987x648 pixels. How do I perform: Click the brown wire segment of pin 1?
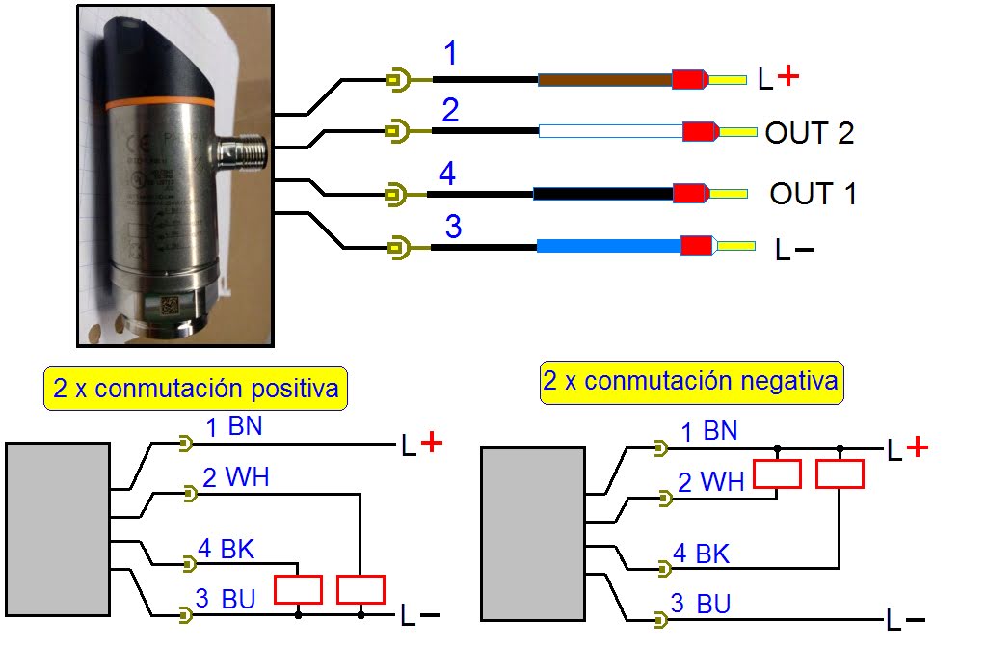pyautogui.click(x=603, y=80)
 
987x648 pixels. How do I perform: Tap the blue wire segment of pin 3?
pyautogui.click(x=608, y=247)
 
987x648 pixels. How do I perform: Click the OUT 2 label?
pyautogui.click(x=809, y=133)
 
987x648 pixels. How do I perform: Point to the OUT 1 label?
pyautogui.click(x=813, y=194)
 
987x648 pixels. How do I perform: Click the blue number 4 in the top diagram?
pyautogui.click(x=446, y=175)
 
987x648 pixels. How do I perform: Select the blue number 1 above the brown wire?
pyautogui.click(x=449, y=55)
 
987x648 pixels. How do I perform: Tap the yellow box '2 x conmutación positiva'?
pyautogui.click(x=196, y=389)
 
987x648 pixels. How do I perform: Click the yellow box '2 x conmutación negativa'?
pyautogui.click(x=690, y=382)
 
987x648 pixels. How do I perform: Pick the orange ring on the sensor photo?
pyautogui.click(x=159, y=101)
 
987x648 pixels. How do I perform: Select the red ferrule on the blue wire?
pyautogui.click(x=696, y=246)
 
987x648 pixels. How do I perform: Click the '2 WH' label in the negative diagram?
pyautogui.click(x=711, y=481)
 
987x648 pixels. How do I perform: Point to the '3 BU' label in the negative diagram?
pyautogui.click(x=701, y=605)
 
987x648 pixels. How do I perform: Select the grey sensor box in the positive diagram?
pyautogui.click(x=57, y=527)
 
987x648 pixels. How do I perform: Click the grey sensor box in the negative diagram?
pyautogui.click(x=532, y=533)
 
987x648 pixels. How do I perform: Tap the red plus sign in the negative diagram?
pyautogui.click(x=918, y=445)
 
